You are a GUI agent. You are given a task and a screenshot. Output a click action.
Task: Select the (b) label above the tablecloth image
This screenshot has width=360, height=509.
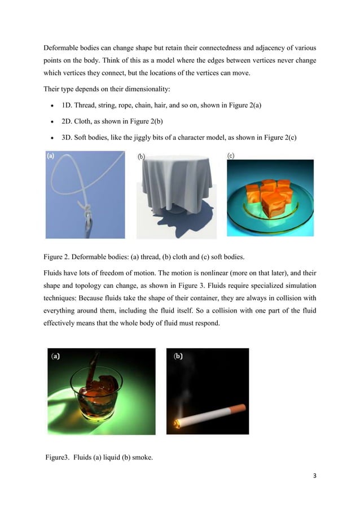coord(142,156)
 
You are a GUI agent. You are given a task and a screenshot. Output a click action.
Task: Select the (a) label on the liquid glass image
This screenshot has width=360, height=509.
coord(56,356)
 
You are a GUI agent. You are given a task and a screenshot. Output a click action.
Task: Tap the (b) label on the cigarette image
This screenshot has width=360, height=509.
coord(178,356)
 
